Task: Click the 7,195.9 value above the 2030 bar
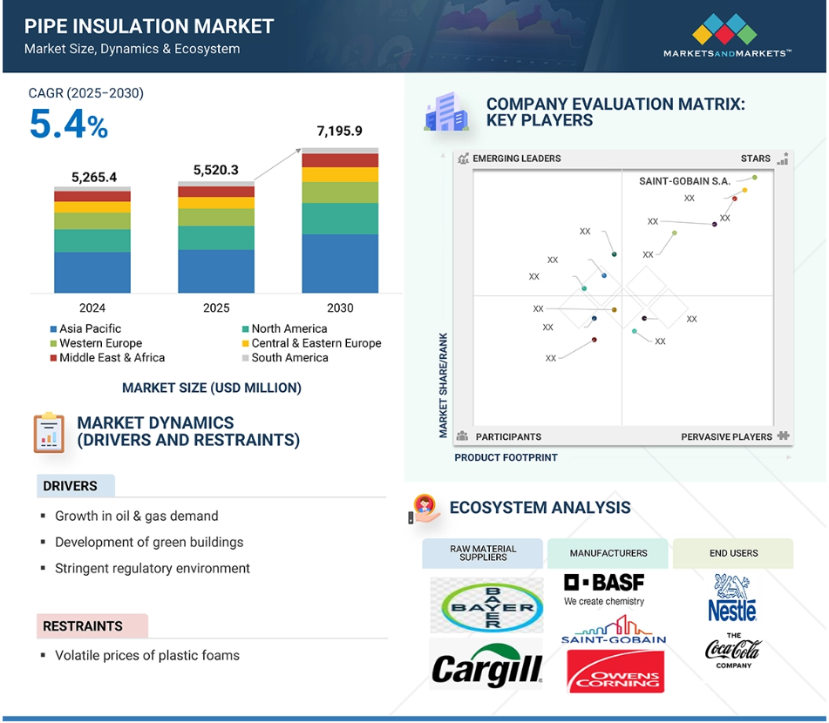(339, 131)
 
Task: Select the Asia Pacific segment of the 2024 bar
(92, 272)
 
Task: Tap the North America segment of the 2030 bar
(340, 219)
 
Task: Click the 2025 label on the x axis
(216, 307)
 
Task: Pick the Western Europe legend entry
(96, 343)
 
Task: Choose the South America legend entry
(285, 358)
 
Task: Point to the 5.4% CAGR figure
(69, 125)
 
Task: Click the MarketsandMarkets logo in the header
(726, 36)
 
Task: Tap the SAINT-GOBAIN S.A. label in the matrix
(684, 181)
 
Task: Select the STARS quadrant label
(756, 159)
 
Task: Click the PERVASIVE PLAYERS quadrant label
(726, 437)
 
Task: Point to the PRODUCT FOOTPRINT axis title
(506, 457)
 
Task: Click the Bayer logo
(486, 605)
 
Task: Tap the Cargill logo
(486, 666)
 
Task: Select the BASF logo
(604, 589)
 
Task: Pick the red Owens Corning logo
(615, 672)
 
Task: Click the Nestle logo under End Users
(733, 598)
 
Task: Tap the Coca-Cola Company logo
(733, 651)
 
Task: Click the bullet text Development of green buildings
(149, 542)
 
